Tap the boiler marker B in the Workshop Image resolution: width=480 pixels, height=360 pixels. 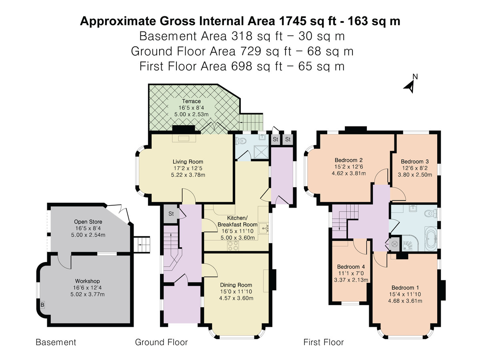pos(42,305)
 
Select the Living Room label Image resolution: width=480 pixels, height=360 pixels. pos(188,162)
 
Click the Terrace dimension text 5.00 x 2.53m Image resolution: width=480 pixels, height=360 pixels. pos(191,114)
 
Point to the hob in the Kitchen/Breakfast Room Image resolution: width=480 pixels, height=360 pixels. pos(233,246)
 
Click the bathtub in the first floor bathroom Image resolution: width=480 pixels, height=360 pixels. pos(431,239)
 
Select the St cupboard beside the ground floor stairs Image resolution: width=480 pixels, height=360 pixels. pos(171,214)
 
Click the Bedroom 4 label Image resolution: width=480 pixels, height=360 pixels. pos(351,267)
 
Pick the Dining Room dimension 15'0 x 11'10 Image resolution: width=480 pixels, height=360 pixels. pos(236,291)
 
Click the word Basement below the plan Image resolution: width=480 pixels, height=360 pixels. pos(56,342)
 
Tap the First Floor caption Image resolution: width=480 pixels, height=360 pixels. pos(324,342)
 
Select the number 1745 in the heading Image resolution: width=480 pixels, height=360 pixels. pos(292,21)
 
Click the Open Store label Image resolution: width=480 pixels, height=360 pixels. pos(88,222)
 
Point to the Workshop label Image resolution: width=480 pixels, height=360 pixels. pos(88,281)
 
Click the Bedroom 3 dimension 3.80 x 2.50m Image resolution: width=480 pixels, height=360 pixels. pos(415,175)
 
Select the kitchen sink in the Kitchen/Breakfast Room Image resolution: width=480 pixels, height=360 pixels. pos(263,228)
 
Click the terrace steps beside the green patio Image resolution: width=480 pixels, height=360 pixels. pos(251,122)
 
